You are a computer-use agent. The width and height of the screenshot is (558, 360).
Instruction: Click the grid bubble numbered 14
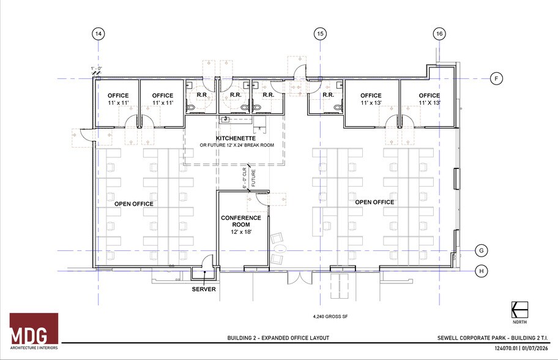pos(98,34)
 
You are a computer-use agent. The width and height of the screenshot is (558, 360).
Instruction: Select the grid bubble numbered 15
pos(320,34)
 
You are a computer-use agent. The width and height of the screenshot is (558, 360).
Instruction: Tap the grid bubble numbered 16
pos(438,34)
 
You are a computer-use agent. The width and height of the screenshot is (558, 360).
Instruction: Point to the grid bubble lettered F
pos(497,78)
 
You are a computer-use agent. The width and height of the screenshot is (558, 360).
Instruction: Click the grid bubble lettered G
pos(482,251)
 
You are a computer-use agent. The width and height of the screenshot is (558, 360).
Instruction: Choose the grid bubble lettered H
pos(482,270)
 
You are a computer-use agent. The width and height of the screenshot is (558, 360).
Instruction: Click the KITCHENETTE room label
pos(236,138)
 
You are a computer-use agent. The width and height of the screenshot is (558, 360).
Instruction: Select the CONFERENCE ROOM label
pos(240,221)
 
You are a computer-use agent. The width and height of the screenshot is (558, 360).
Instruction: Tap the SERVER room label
pos(204,289)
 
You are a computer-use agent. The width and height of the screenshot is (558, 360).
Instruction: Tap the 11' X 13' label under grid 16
pos(429,103)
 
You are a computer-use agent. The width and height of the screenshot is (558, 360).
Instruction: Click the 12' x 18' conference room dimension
pos(240,233)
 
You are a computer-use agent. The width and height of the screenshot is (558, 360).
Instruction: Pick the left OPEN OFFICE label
pos(134,204)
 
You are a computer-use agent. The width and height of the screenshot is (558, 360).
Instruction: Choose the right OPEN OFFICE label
pos(374,202)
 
